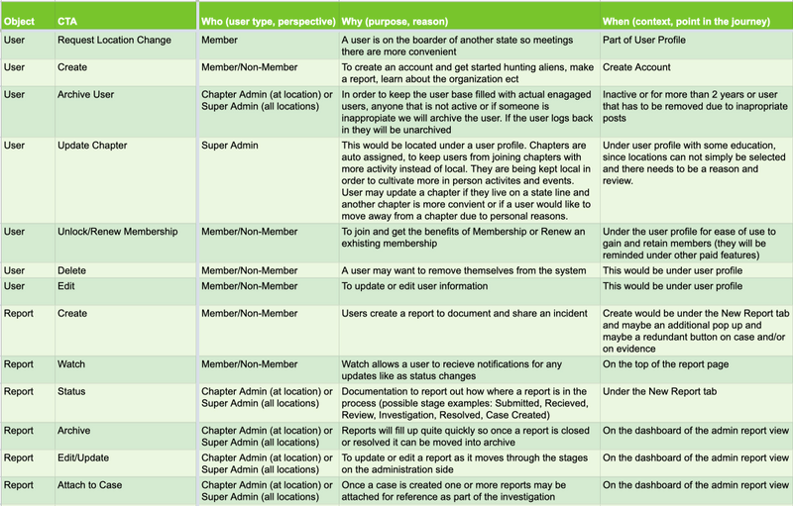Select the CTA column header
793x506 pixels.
click(68, 20)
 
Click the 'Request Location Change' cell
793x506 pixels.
click(114, 41)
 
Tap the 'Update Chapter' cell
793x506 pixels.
click(92, 146)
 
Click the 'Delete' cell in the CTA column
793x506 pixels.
click(73, 270)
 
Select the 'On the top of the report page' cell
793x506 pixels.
click(678, 364)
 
